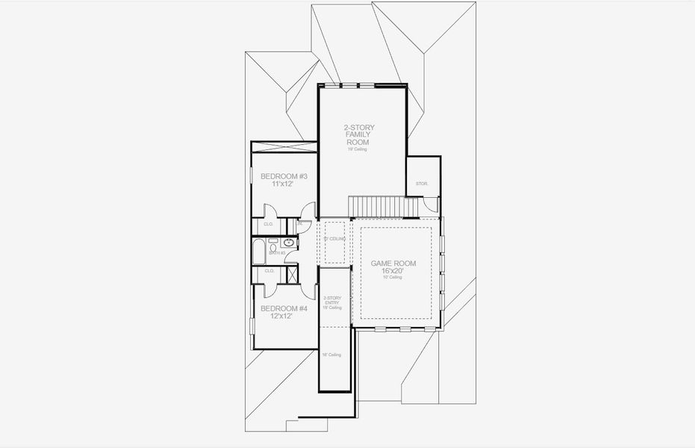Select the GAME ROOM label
pyautogui.click(x=393, y=264)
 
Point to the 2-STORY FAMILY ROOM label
pyautogui.click(x=357, y=134)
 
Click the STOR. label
pyautogui.click(x=422, y=183)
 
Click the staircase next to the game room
pyautogui.click(x=382, y=205)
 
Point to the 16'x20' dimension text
pyautogui.click(x=393, y=271)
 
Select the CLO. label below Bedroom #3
pyautogui.click(x=268, y=224)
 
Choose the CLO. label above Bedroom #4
pyautogui.click(x=268, y=271)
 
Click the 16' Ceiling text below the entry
pyautogui.click(x=332, y=355)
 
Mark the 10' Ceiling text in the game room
pyautogui.click(x=393, y=278)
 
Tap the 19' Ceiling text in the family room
pyautogui.click(x=357, y=149)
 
